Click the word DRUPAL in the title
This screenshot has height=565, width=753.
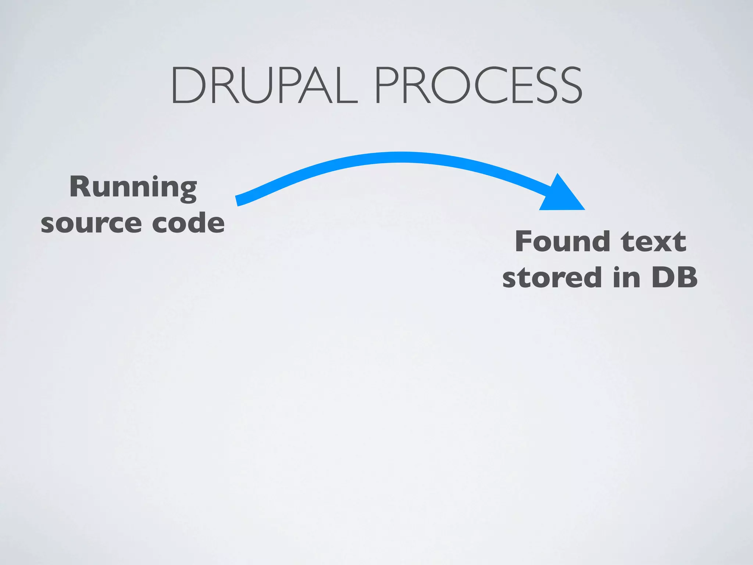coord(264,85)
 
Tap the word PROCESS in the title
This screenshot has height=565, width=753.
coord(478,85)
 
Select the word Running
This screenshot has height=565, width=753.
coord(133,188)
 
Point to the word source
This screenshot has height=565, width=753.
coord(91,223)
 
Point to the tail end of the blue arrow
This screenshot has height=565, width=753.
coord(238,200)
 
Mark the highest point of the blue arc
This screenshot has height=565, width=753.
coord(399,157)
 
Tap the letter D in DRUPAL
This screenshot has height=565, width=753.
coord(188,85)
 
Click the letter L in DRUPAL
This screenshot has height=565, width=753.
coord(347,85)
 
